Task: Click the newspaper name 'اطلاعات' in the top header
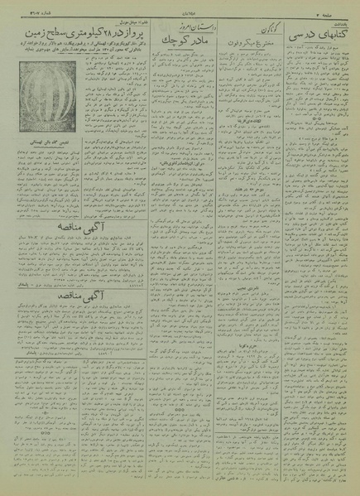coord(180,12)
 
